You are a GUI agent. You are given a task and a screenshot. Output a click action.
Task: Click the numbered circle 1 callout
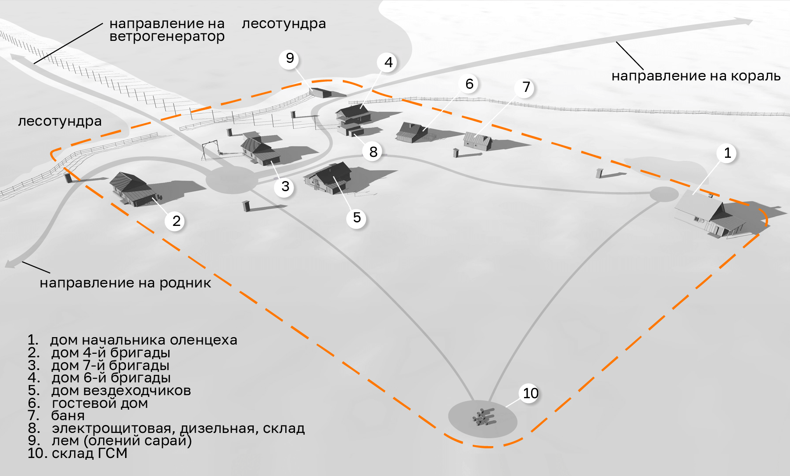727,153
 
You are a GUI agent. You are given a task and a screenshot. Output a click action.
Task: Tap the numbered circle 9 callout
290,58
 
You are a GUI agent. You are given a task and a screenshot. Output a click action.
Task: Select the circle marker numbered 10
530,393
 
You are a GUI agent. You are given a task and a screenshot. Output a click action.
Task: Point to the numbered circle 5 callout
356,218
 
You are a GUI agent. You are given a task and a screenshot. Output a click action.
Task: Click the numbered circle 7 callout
526,87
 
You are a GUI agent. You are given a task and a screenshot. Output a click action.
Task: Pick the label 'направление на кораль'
696,76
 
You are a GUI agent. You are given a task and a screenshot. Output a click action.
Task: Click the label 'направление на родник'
125,283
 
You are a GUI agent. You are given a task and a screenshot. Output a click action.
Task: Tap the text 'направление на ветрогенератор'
167,30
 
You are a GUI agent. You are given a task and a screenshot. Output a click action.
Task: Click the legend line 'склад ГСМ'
90,453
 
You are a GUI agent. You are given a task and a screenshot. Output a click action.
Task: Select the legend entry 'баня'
68,415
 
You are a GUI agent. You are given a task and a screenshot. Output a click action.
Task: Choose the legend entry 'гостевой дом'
100,403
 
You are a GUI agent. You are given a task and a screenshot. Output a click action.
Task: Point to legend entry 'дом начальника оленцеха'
144,340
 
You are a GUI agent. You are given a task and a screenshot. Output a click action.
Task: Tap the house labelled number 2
133,189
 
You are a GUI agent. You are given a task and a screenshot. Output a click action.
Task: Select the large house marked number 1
709,214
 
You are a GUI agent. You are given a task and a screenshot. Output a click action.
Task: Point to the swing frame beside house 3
210,150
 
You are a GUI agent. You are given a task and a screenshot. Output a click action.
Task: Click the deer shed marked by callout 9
321,92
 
